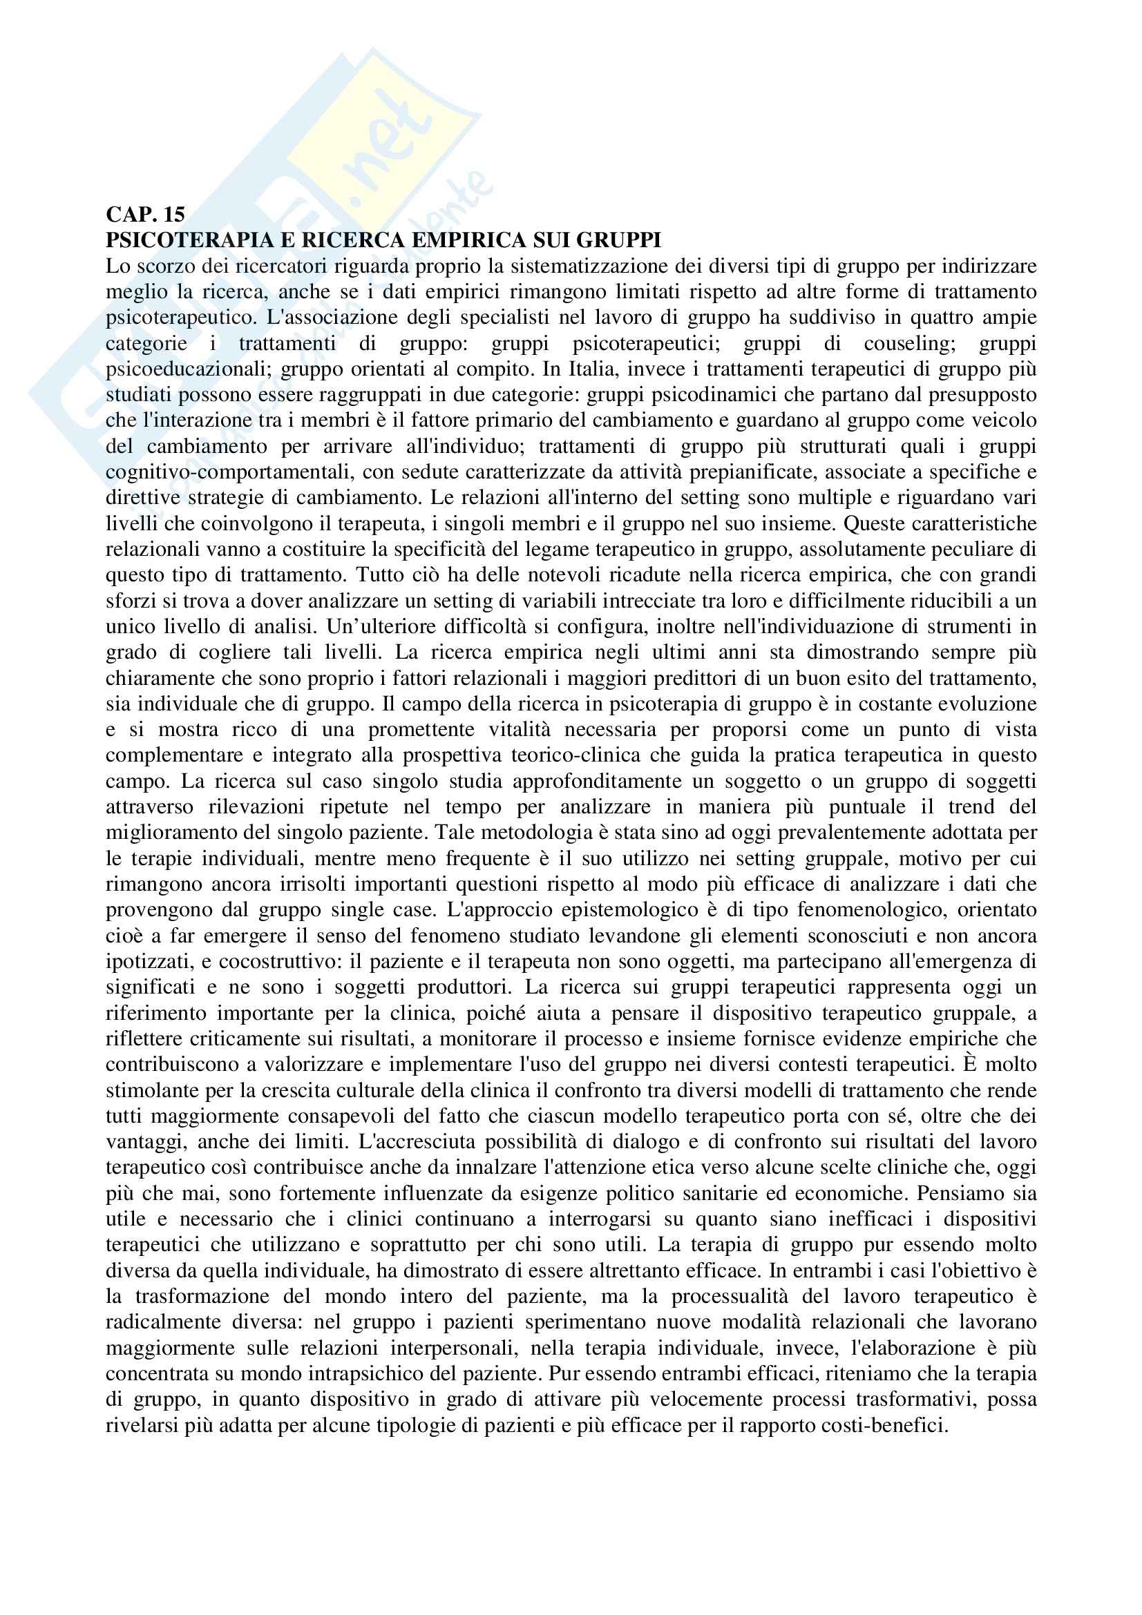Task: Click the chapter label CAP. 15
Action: coord(145,215)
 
